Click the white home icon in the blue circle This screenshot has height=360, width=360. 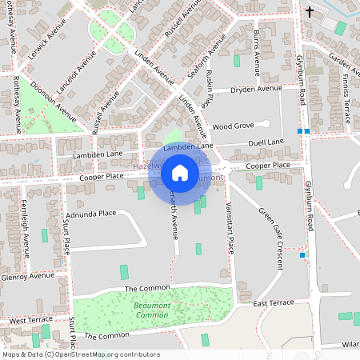180,172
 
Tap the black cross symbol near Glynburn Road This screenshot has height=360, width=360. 310,12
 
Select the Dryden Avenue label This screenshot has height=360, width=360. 256,88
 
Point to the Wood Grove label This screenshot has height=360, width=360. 233,126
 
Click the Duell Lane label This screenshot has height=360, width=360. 266,142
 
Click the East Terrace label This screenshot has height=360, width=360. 274,304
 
